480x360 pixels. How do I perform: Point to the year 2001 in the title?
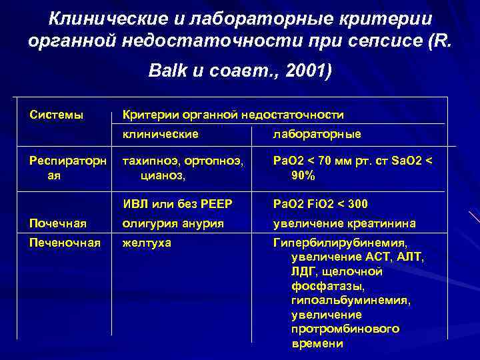299,71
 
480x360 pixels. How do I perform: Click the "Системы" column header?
57,115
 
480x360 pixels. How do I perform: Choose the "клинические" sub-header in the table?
160,135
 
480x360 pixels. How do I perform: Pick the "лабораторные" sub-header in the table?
317,135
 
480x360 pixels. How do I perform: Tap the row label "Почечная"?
57,223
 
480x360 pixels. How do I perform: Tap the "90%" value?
303,177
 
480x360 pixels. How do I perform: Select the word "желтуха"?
147,243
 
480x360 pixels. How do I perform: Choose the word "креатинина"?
382,223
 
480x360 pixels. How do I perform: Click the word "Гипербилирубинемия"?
339,243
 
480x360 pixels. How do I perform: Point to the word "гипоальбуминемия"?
351,301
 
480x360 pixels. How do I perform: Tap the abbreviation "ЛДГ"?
304,272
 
